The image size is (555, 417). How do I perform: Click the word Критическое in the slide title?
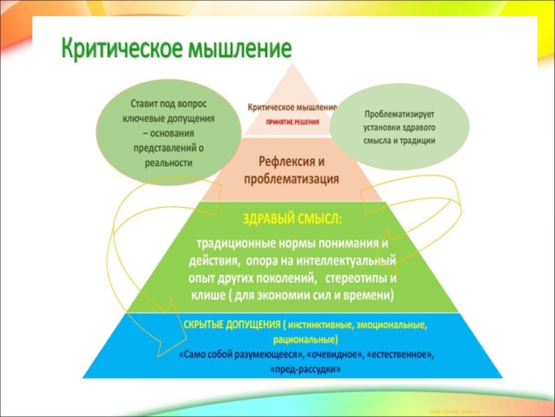(x=119, y=49)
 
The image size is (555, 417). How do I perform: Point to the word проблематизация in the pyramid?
(x=291, y=179)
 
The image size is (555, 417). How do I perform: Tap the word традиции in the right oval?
(x=418, y=140)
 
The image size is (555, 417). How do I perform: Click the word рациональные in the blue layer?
(x=305, y=339)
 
